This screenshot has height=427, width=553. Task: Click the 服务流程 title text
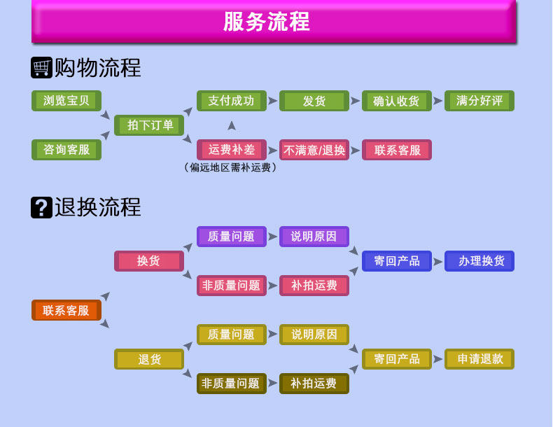(x=267, y=22)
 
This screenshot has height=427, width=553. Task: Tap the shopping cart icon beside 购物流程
(x=42, y=67)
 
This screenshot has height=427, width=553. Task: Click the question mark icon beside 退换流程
(x=42, y=207)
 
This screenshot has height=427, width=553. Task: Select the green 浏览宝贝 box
(x=66, y=101)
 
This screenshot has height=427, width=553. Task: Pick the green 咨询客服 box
(x=66, y=150)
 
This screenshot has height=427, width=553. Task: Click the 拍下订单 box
(x=149, y=125)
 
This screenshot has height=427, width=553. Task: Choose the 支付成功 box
(x=232, y=101)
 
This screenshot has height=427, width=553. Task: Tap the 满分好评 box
(x=479, y=101)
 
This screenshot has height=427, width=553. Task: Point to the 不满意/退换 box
(x=314, y=150)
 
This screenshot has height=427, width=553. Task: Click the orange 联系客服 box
(x=66, y=310)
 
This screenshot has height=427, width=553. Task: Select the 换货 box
(x=149, y=261)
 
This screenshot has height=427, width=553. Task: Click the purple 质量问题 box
(x=232, y=237)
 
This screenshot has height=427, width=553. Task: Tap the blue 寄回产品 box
(x=397, y=261)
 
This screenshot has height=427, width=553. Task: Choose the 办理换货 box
(x=479, y=261)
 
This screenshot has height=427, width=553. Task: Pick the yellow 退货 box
(x=149, y=359)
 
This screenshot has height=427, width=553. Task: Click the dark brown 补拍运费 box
(x=314, y=384)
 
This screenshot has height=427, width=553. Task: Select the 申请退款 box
(x=479, y=359)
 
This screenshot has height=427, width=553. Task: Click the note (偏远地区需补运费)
(x=231, y=167)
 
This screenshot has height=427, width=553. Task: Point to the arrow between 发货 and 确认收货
(x=356, y=101)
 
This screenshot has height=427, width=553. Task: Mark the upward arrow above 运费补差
(x=232, y=126)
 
